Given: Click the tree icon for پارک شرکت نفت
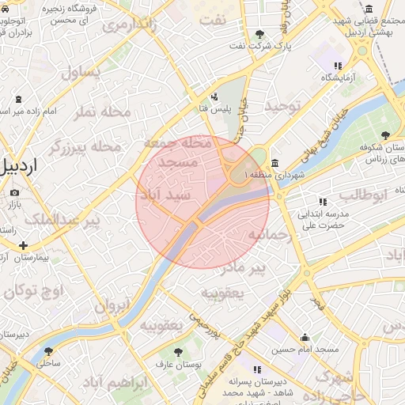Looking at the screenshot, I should (x=259, y=34).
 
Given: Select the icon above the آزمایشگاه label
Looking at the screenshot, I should (x=338, y=66).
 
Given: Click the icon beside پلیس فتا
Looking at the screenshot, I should (x=215, y=97).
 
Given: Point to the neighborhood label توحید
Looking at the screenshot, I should (x=283, y=105).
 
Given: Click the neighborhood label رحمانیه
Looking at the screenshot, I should (x=271, y=235).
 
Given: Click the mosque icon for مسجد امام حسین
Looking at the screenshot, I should (x=305, y=337).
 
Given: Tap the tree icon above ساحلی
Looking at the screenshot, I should (x=48, y=351).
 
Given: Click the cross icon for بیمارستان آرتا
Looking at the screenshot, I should (x=23, y=245).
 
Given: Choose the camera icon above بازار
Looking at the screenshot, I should (x=14, y=193).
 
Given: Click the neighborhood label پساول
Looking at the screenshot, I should (x=81, y=74).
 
